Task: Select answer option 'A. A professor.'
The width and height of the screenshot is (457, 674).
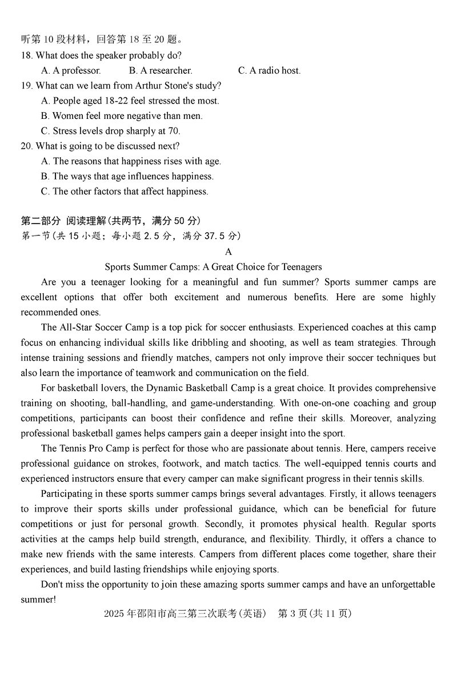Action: [x=71, y=71]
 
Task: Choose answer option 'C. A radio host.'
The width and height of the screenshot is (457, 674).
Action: [x=269, y=71]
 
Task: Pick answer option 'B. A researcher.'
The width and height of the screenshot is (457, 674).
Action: [x=161, y=71]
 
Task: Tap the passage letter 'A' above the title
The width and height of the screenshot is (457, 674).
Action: [x=228, y=252]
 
